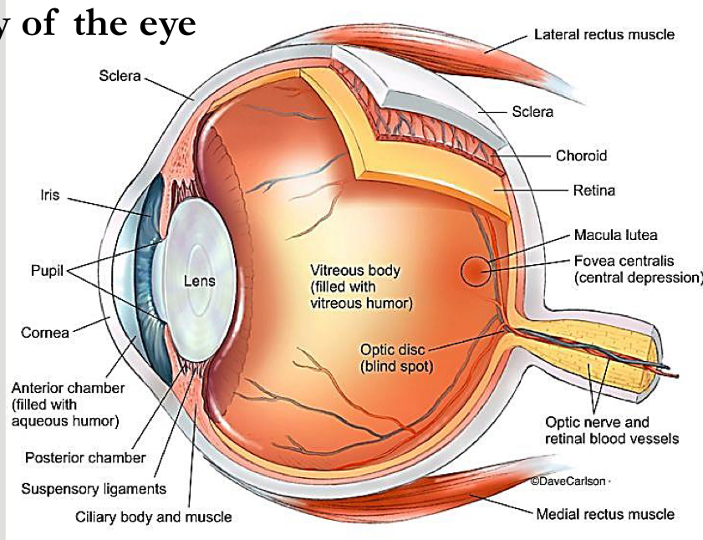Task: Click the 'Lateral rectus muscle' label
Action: pos(604,35)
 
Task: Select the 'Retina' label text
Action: pos(593,191)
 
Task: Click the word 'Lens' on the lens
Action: pos(199,281)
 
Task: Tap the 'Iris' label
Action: pos(51,197)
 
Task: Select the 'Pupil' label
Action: pos(47,272)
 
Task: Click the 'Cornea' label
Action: pos(45,332)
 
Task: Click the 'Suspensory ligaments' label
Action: pos(94,488)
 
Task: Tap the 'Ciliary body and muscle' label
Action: pos(154,517)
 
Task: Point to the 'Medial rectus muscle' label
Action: pos(604,514)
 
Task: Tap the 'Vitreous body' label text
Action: pos(355,271)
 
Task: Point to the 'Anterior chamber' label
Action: pos(68,388)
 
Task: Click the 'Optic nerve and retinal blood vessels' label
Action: pos(611,430)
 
